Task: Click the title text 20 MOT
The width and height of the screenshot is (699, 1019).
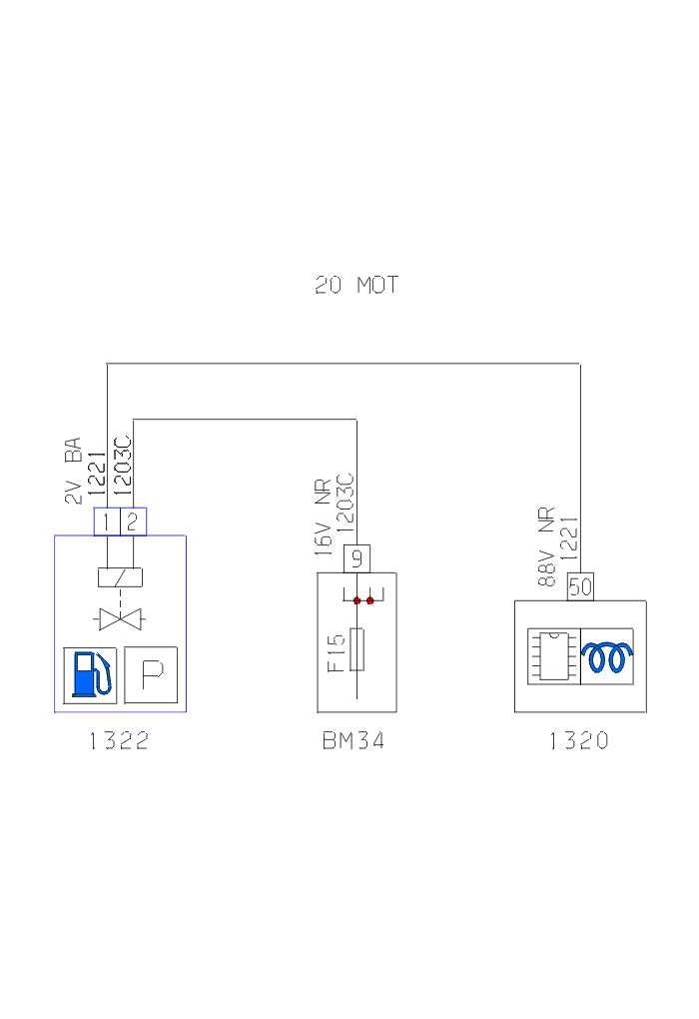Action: [x=356, y=286]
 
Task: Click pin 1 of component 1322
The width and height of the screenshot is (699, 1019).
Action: [x=107, y=520]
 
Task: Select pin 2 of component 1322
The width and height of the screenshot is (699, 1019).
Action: [x=133, y=520]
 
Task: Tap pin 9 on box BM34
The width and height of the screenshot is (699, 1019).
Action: [x=356, y=558]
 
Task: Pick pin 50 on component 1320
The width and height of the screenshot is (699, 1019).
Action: [x=580, y=587]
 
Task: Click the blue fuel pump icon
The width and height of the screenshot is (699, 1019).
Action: [x=90, y=675]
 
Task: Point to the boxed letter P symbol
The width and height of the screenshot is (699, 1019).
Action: [x=151, y=675]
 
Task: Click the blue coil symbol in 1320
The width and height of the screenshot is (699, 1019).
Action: [x=607, y=656]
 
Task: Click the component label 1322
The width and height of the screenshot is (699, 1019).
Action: [x=119, y=741]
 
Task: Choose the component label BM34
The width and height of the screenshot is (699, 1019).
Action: [x=353, y=741]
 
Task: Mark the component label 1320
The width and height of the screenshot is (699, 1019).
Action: [x=578, y=741]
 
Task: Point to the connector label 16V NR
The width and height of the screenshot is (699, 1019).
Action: [x=324, y=525]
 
